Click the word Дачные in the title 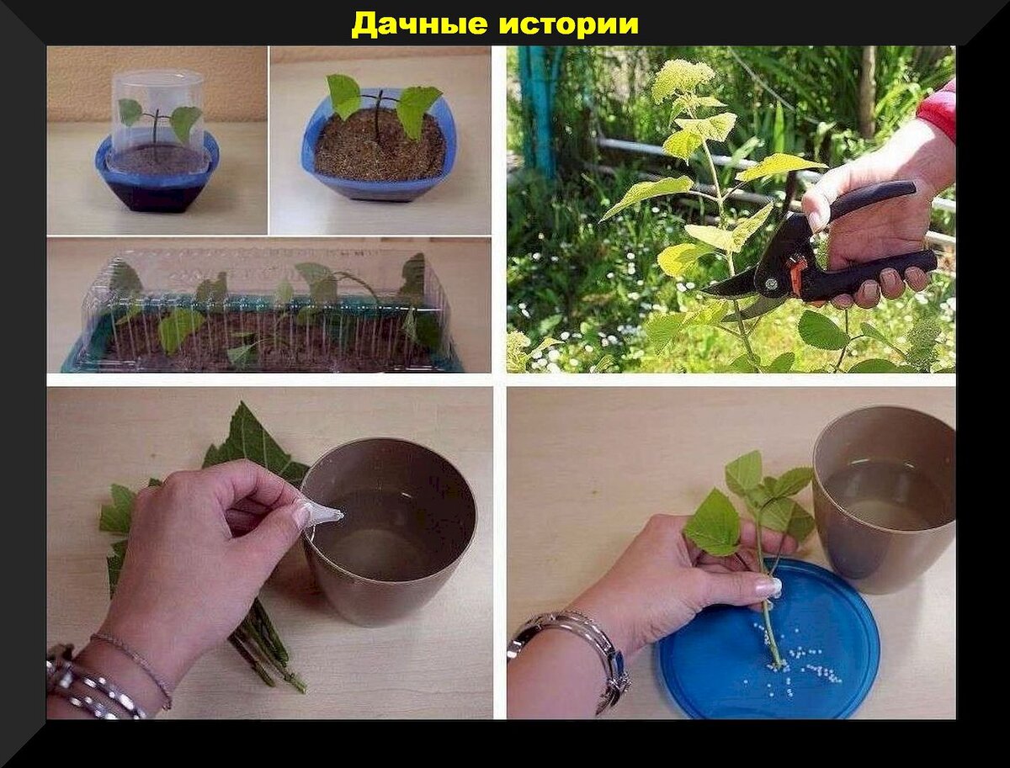[420, 24]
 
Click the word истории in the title [569, 24]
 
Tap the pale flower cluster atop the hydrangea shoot [683, 82]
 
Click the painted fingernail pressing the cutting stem [770, 587]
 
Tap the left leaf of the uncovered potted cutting [343, 96]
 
